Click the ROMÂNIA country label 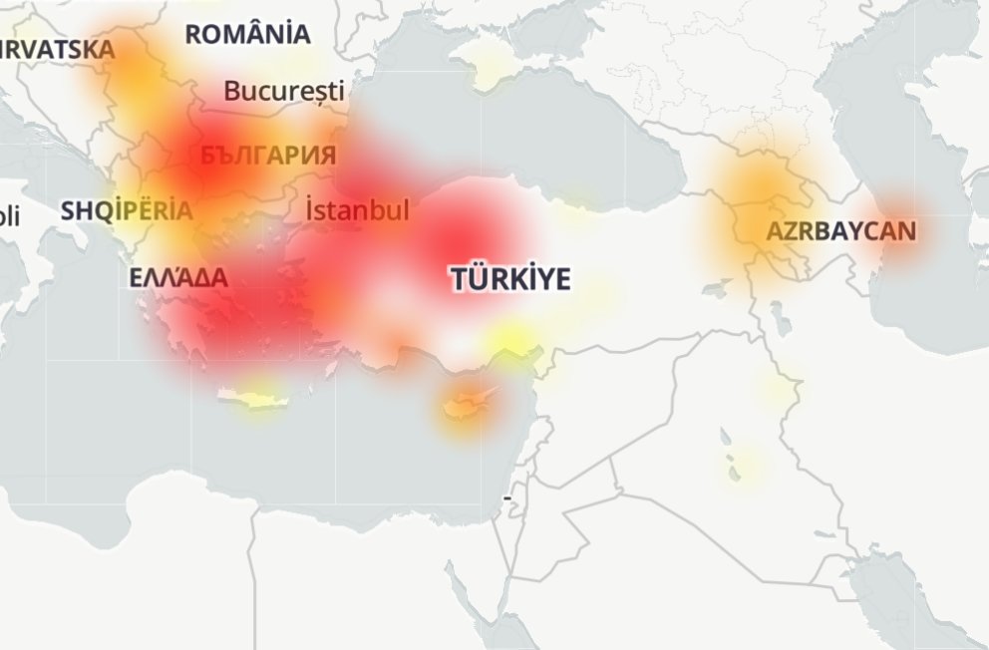click(247, 34)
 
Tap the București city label click(283, 92)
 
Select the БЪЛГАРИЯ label click(267, 156)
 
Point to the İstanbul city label click(357, 211)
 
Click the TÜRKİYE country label click(510, 279)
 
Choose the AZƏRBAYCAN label click(839, 232)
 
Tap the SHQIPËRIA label click(127, 211)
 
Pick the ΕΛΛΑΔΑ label click(178, 278)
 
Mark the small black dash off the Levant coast click(507, 495)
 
